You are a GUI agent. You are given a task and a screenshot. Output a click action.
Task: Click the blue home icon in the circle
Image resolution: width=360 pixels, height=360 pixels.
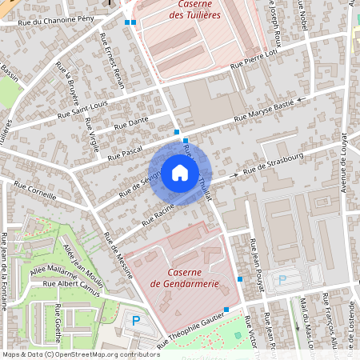pyautogui.click(x=179, y=173)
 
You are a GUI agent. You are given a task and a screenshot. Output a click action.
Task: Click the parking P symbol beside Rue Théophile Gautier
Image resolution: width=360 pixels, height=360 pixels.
pyautogui.click(x=136, y=320)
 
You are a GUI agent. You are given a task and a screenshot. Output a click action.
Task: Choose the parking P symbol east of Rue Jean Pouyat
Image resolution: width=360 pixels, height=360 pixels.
pyautogui.click(x=282, y=279)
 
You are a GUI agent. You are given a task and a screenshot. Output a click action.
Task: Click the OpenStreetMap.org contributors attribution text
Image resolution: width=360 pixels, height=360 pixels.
pyautogui.click(x=109, y=354)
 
